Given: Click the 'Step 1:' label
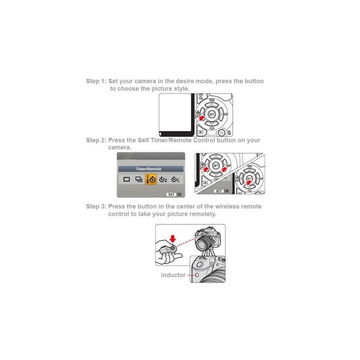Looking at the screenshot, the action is coord(96,81).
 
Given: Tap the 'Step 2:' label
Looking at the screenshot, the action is coord(96,140).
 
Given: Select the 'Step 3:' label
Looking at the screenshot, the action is coord(96,207).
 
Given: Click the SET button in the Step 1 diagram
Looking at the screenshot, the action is coord(211,114).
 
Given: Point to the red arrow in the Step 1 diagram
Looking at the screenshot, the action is coord(201,119).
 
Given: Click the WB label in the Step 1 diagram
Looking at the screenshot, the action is coord(211,100).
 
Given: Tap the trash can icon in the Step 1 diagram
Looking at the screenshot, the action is coord(229,132).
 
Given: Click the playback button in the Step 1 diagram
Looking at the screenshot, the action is coord(201,132).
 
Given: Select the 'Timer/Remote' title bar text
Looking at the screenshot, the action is coord(148,169).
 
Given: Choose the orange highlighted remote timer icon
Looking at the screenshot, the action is coord(151,179).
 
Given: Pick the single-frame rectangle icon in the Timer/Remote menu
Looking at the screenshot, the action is coord(127,179).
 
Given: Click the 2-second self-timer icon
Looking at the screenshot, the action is coord(163,179).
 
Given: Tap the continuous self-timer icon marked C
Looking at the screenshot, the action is coord(175,179).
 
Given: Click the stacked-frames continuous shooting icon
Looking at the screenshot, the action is coord(139,179).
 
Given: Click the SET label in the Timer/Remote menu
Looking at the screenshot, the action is coord(171,194).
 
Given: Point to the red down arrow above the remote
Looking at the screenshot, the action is coord(173,239).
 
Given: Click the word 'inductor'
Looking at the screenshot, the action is coord(173,275).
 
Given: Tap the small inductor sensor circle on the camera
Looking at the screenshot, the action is coord(197,275).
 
